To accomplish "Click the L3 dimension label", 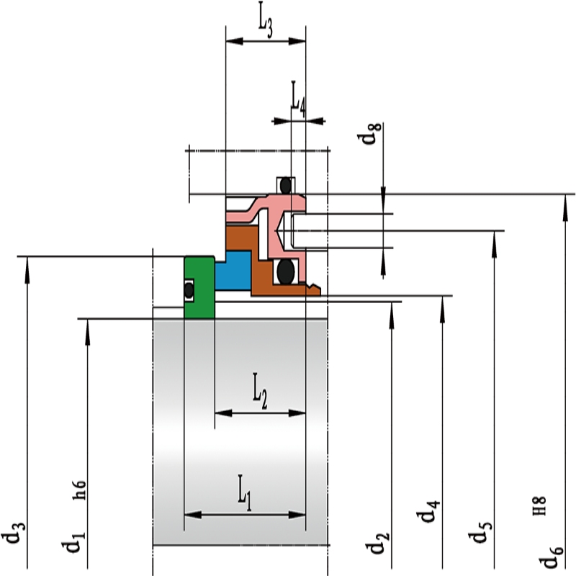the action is click(266, 19).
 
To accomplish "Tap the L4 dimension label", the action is click(298, 99).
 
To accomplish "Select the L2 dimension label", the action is click(260, 391).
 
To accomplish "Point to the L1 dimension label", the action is click(244, 492).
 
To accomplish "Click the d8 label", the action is click(369, 134).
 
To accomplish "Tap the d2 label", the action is click(377, 543).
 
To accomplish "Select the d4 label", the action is click(428, 511).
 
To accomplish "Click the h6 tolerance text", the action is click(80, 490).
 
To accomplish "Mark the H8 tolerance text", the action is click(539, 506).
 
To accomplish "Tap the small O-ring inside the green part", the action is click(189, 291).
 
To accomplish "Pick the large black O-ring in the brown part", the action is click(286, 271).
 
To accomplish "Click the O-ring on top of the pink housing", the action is click(286, 186).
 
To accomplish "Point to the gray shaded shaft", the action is click(240, 432).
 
